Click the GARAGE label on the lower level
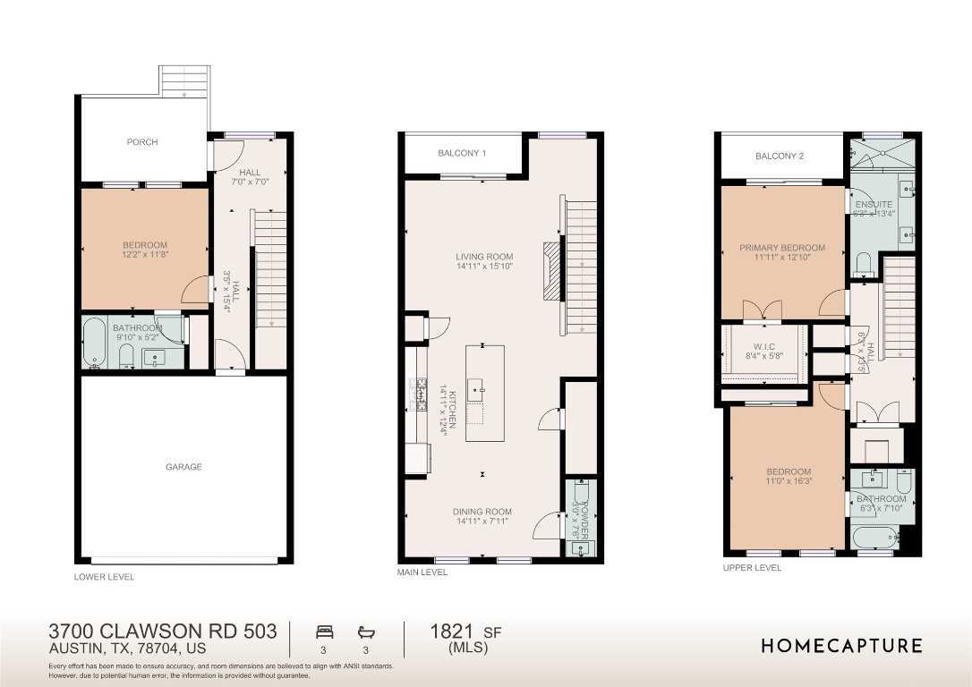pyautogui.click(x=183, y=467)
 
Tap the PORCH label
pyautogui.click(x=142, y=142)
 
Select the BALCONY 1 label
pyautogui.click(x=462, y=154)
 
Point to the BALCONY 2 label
pyautogui.click(x=779, y=157)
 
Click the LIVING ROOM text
pyautogui.click(x=483, y=257)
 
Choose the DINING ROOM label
pyautogui.click(x=483, y=513)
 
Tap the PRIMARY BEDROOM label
pyautogui.click(x=782, y=249)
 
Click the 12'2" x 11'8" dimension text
pyautogui.click(x=145, y=255)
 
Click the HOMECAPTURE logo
pyautogui.click(x=841, y=646)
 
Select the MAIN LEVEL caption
pyautogui.click(x=422, y=572)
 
